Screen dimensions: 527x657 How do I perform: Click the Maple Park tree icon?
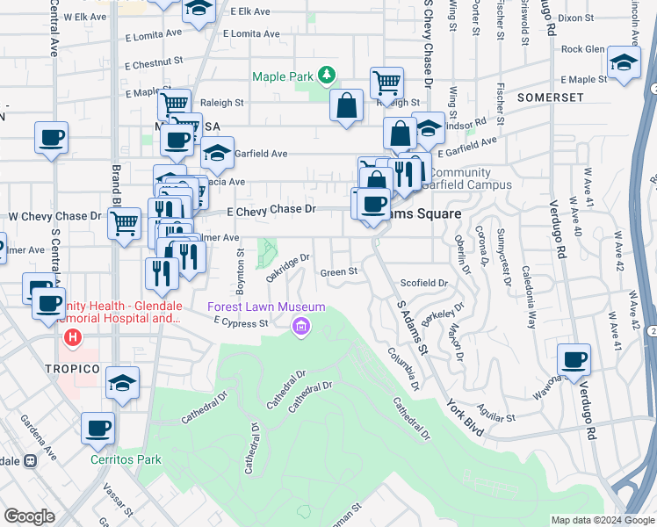coord(327,76)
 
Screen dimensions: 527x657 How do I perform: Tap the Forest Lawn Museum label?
coord(266,307)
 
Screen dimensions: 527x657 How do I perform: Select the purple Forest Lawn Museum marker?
coord(301,328)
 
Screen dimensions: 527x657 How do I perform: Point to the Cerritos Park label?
coord(126,458)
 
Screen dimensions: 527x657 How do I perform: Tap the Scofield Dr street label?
coord(424,284)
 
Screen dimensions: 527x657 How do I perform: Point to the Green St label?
coord(338,272)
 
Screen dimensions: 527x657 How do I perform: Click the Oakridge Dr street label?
coord(289,268)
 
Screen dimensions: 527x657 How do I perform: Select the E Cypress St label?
coord(241,323)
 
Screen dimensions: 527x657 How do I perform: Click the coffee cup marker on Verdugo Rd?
coord(574,359)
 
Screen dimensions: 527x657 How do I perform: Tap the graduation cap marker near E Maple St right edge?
coord(624,61)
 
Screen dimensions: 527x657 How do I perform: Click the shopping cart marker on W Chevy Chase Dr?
coord(125,223)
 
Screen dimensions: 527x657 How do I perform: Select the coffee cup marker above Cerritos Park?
coord(97,429)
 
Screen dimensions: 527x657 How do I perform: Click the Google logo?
coord(29,516)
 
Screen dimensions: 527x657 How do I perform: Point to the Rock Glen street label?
coord(583,49)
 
